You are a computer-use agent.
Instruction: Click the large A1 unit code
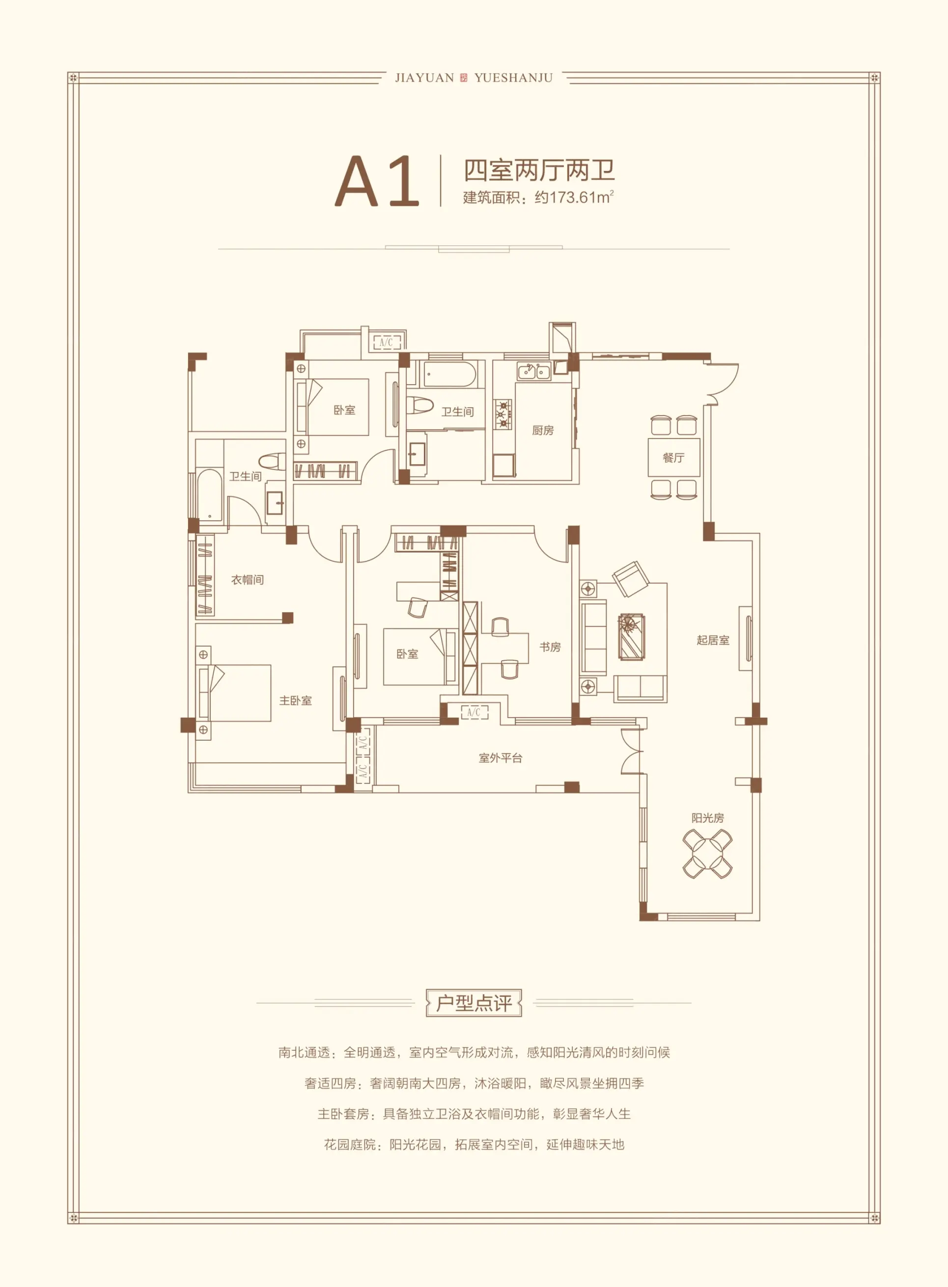click(377, 181)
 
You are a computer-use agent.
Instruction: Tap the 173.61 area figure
click(573, 197)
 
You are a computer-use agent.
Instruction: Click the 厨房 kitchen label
click(543, 430)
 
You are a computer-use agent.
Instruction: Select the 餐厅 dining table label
click(674, 457)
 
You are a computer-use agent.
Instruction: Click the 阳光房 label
click(707, 818)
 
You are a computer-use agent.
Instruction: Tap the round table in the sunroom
click(707, 854)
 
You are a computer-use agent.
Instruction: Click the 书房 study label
click(550, 646)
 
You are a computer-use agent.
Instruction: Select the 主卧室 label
click(296, 700)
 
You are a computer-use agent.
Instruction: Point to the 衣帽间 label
click(248, 580)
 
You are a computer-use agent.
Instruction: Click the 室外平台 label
click(501, 758)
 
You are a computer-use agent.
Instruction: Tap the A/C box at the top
click(387, 342)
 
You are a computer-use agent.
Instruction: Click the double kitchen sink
click(534, 371)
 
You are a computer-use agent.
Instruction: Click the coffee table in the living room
click(632, 637)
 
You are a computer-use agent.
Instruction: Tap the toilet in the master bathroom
click(272, 461)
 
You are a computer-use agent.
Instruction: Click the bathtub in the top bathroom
click(450, 374)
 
